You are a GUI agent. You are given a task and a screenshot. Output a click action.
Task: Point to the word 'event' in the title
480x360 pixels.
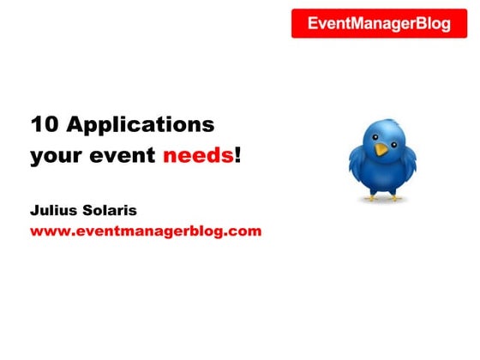pyautogui.click(x=123, y=158)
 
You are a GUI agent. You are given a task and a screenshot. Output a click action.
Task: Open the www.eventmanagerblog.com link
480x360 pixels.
pyautogui.click(x=146, y=231)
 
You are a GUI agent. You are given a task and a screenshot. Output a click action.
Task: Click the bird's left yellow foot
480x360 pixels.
pyautogui.click(x=371, y=196)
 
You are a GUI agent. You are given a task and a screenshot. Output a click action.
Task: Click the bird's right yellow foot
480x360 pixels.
pyautogui.click(x=395, y=196)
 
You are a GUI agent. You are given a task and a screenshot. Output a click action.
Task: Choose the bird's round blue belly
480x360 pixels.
pyautogui.click(x=382, y=176)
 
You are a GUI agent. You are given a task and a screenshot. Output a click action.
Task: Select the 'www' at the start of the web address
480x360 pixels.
pyautogui.click(x=48, y=231)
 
